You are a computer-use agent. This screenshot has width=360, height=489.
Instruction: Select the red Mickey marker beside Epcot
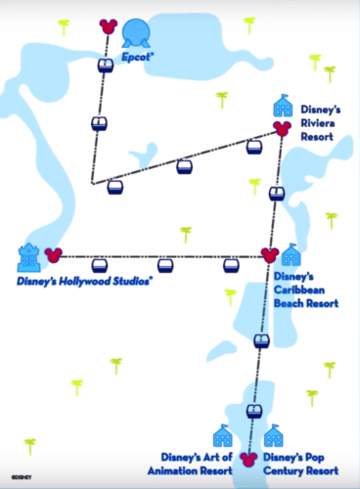[108, 25]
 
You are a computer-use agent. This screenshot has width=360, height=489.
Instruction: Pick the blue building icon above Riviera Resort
[283, 106]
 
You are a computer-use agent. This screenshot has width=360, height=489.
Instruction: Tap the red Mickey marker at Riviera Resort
[282, 127]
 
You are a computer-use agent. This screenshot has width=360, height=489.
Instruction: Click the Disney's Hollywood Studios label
[85, 282]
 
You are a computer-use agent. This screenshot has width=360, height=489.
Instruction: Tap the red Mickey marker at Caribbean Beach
[270, 255]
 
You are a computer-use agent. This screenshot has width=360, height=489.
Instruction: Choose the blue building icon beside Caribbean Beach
[291, 256]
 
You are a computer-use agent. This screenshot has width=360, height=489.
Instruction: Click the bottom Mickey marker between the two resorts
[247, 457]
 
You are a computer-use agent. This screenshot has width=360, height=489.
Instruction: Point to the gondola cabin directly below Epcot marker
[106, 66]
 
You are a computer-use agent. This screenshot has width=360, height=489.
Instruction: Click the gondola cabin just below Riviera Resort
[277, 193]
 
